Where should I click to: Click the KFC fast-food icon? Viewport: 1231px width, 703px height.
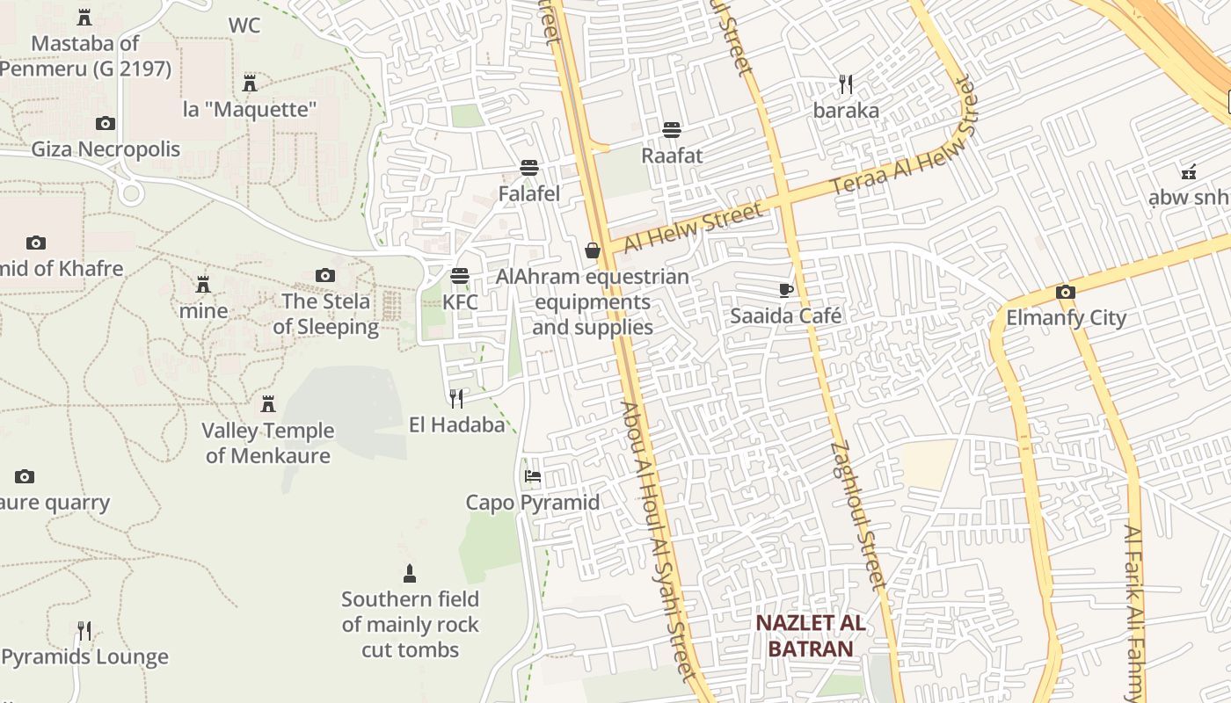point(459,276)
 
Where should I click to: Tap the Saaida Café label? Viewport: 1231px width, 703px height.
point(786,315)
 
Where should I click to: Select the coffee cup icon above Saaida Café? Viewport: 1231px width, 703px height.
point(786,290)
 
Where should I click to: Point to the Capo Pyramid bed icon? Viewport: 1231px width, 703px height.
point(532,476)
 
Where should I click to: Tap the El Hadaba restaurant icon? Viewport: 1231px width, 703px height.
point(456,399)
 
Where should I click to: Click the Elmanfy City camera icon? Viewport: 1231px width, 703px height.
point(1066,292)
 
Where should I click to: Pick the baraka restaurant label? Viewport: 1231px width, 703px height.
point(846,111)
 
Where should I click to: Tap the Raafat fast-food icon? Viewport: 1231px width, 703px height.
point(672,130)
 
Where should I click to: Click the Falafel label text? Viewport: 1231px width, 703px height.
point(529,193)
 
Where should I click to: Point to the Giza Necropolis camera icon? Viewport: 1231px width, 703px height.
point(106,123)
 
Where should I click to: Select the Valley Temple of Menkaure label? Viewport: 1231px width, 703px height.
point(268,443)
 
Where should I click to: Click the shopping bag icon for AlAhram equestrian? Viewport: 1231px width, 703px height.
point(593,251)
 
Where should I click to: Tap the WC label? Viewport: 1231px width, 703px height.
point(244,25)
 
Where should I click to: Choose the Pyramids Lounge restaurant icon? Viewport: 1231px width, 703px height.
point(84,631)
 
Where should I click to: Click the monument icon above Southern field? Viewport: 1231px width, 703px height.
point(409,574)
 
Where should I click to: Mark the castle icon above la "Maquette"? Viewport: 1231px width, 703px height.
point(250,83)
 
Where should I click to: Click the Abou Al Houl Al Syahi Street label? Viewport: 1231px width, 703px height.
point(659,540)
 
